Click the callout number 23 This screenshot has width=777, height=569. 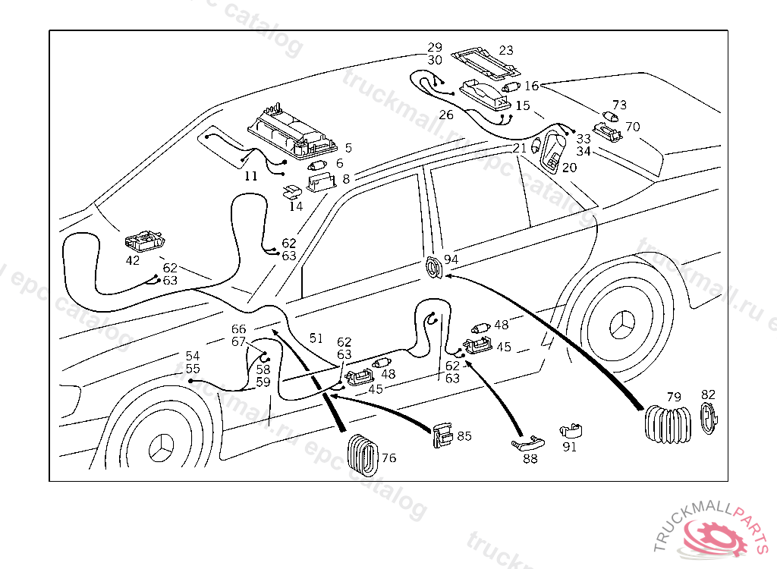click(x=505, y=51)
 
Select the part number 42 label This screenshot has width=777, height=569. click(x=133, y=260)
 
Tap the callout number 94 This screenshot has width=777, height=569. click(x=451, y=259)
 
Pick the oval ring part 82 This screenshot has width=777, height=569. click(x=708, y=419)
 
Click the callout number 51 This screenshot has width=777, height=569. click(x=316, y=338)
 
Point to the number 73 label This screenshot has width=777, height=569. click(x=620, y=105)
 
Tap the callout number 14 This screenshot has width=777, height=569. click(x=296, y=206)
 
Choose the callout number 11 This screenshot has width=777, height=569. click(x=251, y=176)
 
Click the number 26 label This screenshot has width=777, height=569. click(x=445, y=115)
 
